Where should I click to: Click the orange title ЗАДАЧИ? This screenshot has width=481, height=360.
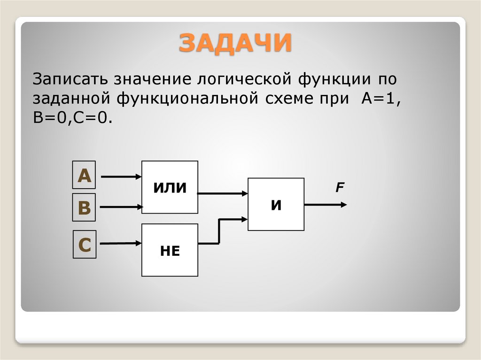click(x=235, y=43)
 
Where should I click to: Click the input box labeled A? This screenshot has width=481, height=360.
click(x=84, y=176)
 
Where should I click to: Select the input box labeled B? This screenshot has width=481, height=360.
click(x=84, y=207)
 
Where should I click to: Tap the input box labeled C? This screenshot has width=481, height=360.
click(x=84, y=244)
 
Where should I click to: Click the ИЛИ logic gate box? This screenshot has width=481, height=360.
click(x=170, y=187)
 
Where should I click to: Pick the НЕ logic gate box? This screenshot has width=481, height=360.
click(x=170, y=250)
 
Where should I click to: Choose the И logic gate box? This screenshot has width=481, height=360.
click(x=276, y=204)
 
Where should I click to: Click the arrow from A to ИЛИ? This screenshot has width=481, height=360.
click(x=121, y=177)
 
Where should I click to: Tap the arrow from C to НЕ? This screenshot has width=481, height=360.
click(x=121, y=243)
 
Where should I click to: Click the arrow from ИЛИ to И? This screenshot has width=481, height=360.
click(x=223, y=192)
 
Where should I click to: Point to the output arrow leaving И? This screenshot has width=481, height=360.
click(x=326, y=205)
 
